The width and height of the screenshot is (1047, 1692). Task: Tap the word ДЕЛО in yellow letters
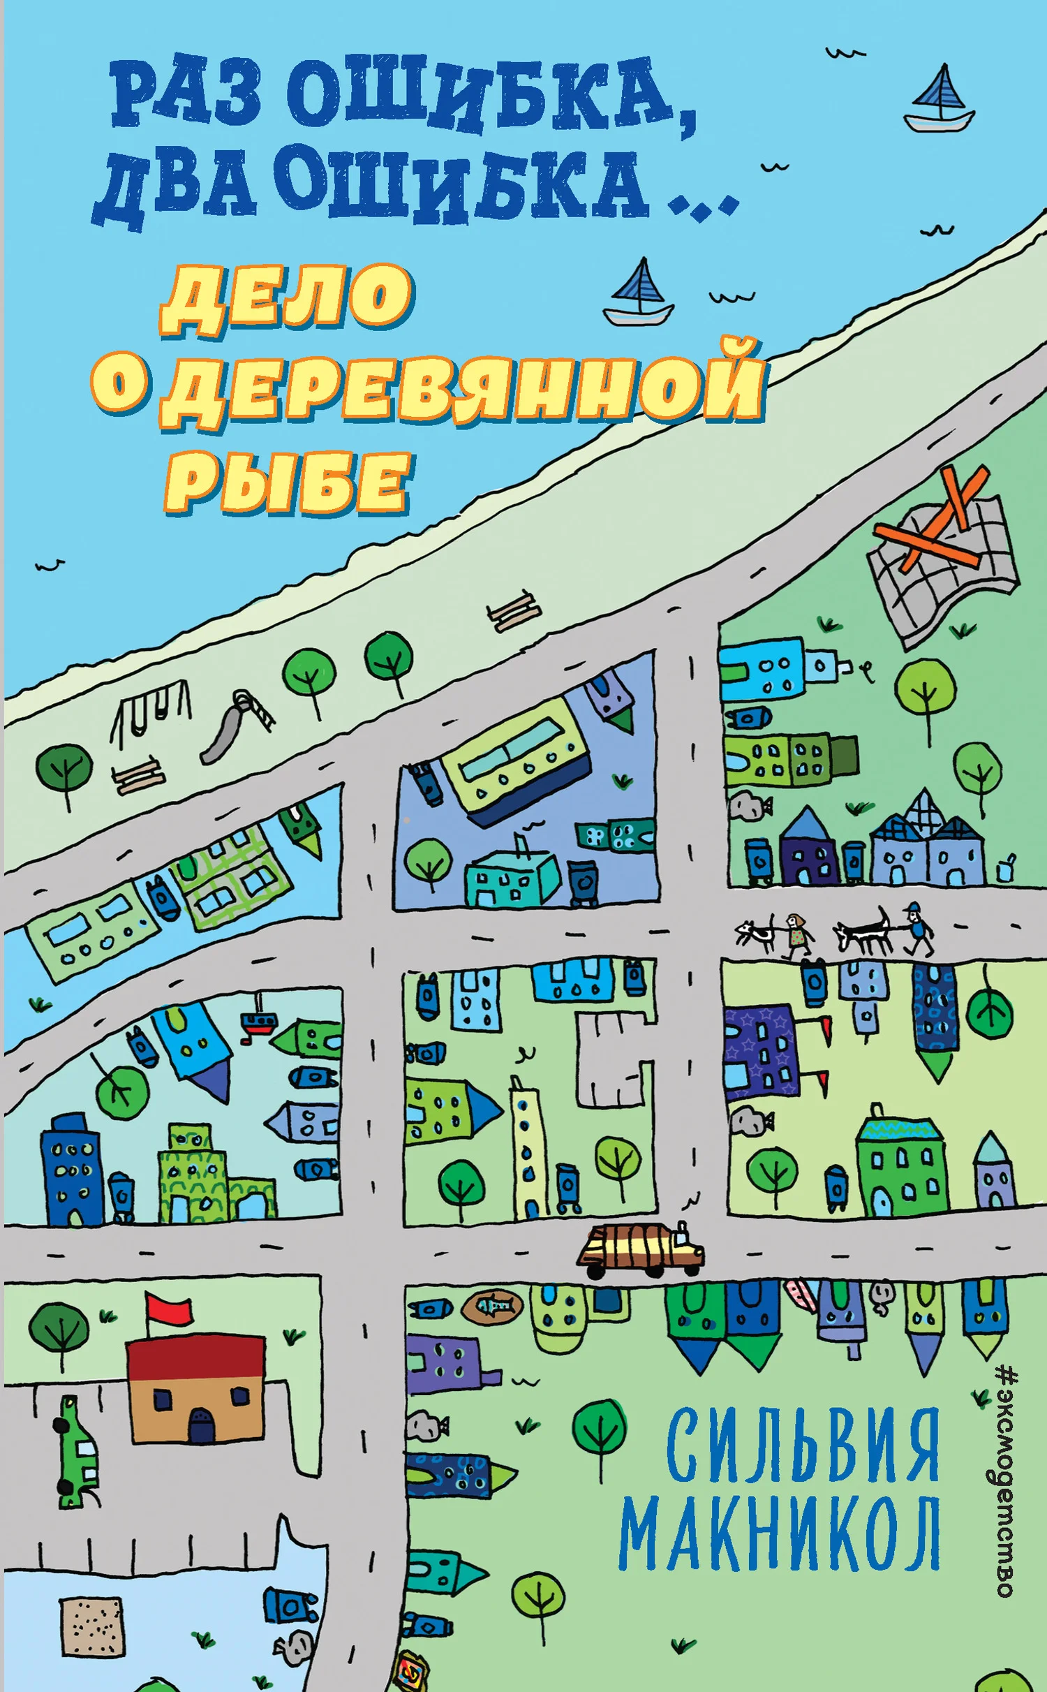point(286,297)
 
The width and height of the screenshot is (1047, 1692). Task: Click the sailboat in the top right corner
point(940,101)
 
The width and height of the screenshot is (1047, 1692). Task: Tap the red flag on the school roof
point(168,1306)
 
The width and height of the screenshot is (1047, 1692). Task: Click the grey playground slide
point(234,726)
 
